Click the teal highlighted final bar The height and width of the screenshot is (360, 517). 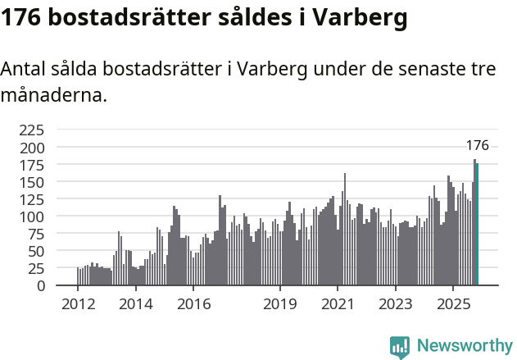pos(477,225)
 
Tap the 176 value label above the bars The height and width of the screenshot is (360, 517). pos(477,145)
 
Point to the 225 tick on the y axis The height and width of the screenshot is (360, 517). pos(32,130)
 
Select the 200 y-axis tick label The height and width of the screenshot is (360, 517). pos(32,148)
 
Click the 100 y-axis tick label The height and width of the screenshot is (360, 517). pos(32,216)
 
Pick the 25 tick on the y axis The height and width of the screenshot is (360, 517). pos(35,268)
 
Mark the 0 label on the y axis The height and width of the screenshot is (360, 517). pos(41,285)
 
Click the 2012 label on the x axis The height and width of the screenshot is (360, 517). pos(78,304)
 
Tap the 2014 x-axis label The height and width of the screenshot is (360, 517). pos(135,304)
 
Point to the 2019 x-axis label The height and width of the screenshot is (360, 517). pos(279,304)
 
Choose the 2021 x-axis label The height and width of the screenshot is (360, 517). pos(337,304)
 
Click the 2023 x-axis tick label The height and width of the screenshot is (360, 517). pos(395,304)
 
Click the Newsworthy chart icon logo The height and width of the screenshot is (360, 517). pos(400,347)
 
